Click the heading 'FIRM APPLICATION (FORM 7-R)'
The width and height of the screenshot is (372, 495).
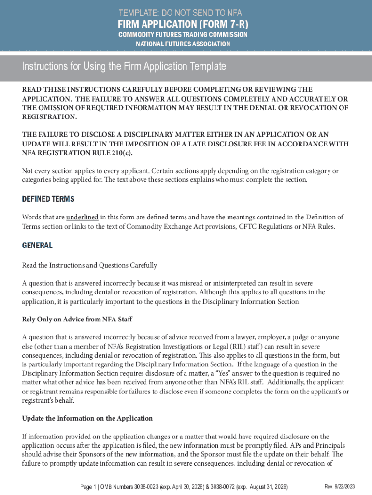click(x=186, y=25)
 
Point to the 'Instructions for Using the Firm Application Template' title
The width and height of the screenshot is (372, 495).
click(x=124, y=67)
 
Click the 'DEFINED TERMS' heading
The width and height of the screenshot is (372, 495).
click(x=48, y=199)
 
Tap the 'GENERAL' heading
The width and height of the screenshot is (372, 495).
click(x=37, y=246)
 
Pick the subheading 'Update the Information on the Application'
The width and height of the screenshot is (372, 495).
click(x=87, y=418)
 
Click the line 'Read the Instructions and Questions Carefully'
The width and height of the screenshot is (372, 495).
click(x=89, y=265)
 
